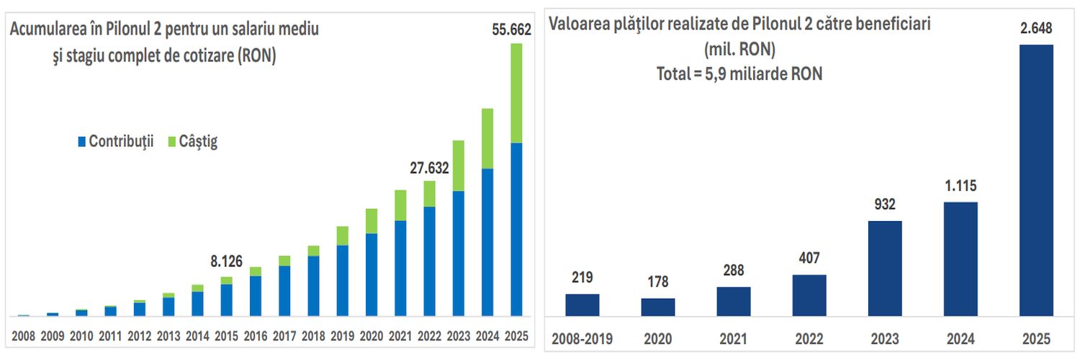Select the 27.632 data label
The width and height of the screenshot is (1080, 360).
pyautogui.click(x=429, y=168)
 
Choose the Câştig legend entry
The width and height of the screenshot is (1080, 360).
pyautogui.click(x=193, y=141)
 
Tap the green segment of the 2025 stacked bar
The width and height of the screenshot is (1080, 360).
pyautogui.click(x=516, y=94)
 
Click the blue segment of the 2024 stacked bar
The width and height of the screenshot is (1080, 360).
pyautogui.click(x=487, y=242)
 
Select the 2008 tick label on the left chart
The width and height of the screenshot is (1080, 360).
pyautogui.click(x=23, y=336)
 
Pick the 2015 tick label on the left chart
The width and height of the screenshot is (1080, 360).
pyautogui.click(x=226, y=336)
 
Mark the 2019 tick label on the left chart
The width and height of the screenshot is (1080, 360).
pyautogui.click(x=342, y=336)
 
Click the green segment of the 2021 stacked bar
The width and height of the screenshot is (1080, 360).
pyautogui.click(x=400, y=205)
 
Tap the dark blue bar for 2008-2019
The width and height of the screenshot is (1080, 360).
pyautogui.click(x=582, y=305)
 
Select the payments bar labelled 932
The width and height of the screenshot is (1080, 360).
pyautogui.click(x=885, y=268)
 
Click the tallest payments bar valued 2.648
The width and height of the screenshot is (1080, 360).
pyautogui.click(x=1037, y=180)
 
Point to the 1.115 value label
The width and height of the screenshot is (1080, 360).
pyautogui.click(x=960, y=186)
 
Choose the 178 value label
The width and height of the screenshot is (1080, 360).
pyautogui.click(x=658, y=283)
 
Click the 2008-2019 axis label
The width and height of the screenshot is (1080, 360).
pyautogui.click(x=582, y=338)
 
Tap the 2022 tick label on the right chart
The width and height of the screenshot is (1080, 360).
pyautogui.click(x=809, y=338)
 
